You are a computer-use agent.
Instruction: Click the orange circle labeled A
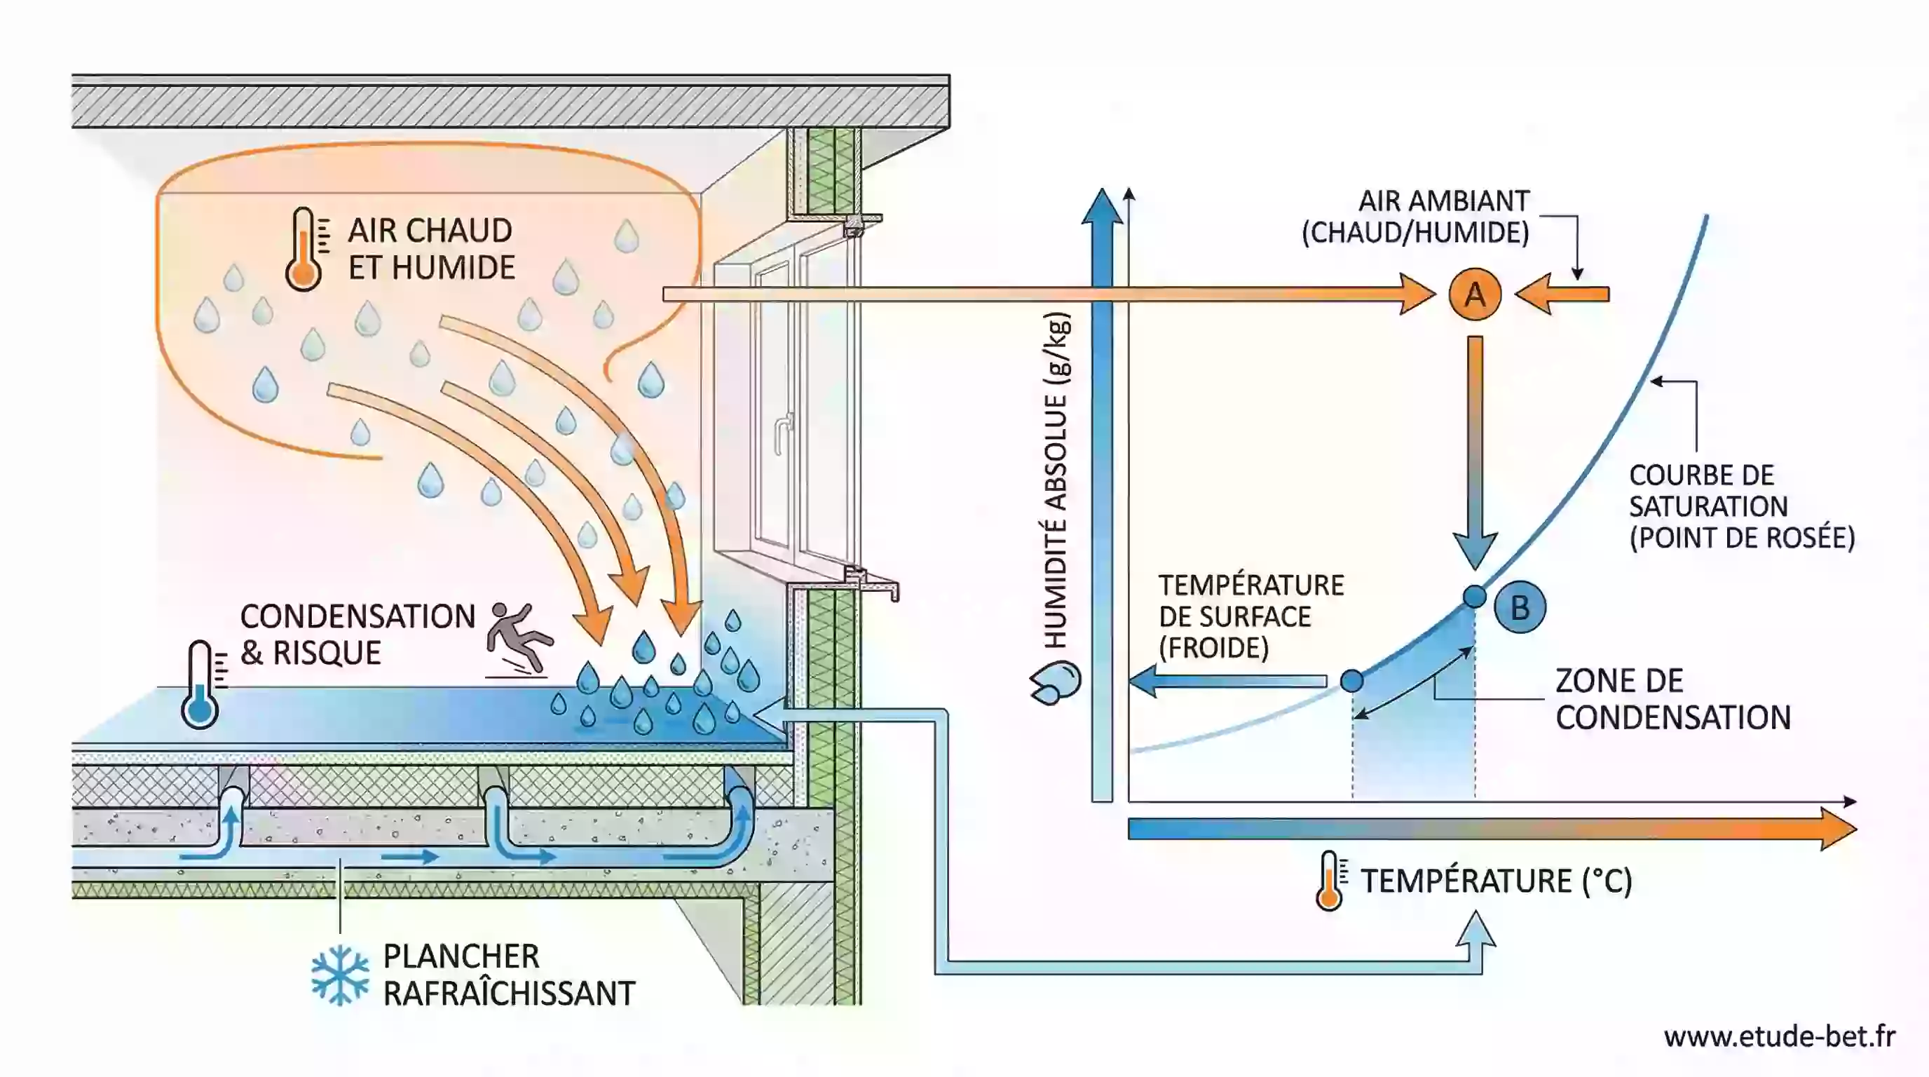(1475, 294)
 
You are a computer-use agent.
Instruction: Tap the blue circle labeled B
(1520, 607)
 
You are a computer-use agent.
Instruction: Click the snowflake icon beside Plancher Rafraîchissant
(340, 975)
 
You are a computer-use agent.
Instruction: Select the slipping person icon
(518, 639)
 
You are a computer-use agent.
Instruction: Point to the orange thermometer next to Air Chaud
(304, 249)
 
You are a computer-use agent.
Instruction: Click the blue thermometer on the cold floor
(200, 684)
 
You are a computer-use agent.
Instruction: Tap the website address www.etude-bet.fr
(1779, 1036)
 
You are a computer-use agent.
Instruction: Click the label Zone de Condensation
(1672, 699)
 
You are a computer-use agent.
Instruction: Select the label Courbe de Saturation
(1741, 506)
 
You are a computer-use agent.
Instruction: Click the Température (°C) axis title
(1495, 881)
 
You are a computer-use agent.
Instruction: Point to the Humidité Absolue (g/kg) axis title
(1056, 480)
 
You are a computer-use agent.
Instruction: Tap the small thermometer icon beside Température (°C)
(1329, 881)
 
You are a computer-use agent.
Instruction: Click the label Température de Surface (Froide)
(1250, 616)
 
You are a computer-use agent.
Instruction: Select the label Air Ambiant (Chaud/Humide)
(1415, 217)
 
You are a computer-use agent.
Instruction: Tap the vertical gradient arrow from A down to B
(1475, 449)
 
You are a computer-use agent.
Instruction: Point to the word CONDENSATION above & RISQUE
(357, 616)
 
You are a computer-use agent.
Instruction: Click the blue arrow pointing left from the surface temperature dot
(1228, 681)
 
